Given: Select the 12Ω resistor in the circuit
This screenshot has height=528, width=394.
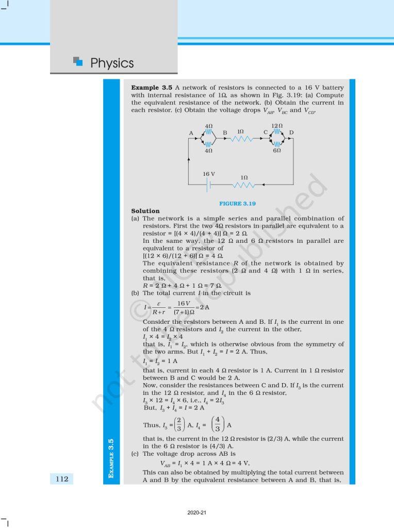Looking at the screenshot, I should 277,131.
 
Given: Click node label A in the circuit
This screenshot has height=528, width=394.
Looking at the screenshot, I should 191,134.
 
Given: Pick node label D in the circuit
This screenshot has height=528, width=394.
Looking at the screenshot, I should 291,133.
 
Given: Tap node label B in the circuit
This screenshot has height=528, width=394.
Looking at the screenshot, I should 225,133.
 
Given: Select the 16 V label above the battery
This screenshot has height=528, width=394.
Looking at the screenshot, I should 209,174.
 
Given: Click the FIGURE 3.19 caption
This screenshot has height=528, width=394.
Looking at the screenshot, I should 237,203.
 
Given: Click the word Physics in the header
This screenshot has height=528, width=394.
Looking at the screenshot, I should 112,63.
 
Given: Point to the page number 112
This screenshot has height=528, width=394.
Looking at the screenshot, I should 62,479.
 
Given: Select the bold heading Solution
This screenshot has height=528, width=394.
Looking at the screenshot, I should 145,211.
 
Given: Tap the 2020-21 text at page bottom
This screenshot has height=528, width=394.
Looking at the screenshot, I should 197,513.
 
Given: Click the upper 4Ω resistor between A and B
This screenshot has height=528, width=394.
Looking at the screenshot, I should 209,131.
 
